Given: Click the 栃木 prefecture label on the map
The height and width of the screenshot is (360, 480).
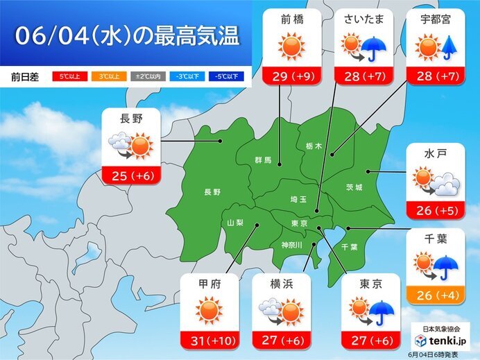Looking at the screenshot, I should click(x=314, y=146).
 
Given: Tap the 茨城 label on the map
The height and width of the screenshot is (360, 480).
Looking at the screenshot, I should click(x=354, y=187).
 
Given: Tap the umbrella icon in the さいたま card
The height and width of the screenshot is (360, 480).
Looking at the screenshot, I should click(x=375, y=49).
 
